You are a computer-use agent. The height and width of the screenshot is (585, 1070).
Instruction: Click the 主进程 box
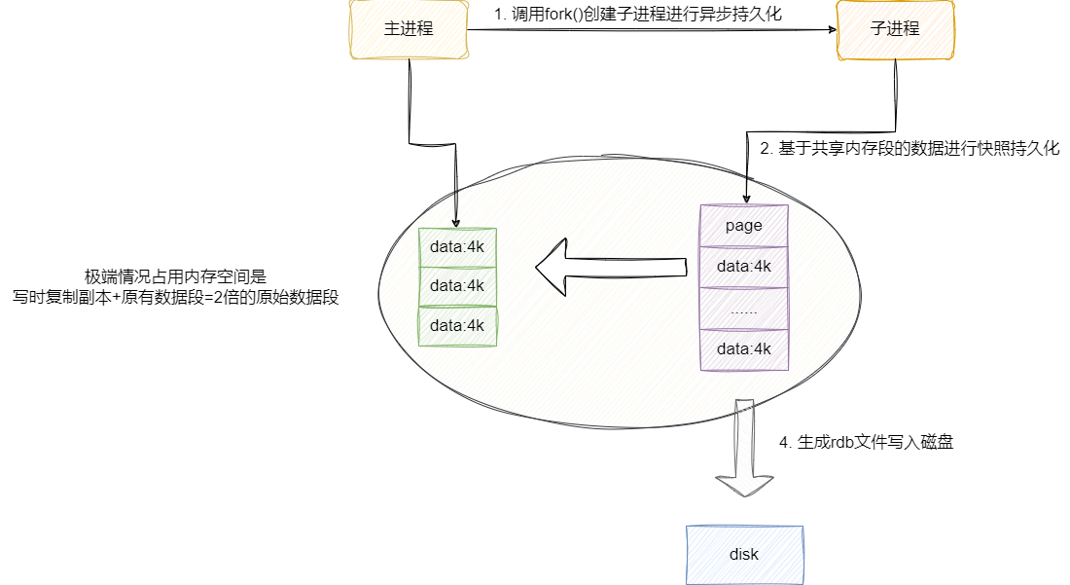coord(409,29)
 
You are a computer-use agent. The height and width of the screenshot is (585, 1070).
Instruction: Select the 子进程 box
coord(895,29)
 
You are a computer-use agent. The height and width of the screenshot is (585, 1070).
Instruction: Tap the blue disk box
coord(744,555)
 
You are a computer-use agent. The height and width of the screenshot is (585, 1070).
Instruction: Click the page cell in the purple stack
coord(744,226)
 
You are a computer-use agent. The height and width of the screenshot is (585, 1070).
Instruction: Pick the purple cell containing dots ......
coord(744,309)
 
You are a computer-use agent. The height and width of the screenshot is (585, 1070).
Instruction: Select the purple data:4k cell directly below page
coord(744,267)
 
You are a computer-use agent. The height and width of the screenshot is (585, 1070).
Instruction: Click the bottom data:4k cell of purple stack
coord(744,349)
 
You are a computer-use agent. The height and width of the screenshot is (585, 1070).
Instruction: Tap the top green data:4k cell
coord(457,246)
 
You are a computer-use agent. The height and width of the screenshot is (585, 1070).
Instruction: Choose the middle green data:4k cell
coord(457,286)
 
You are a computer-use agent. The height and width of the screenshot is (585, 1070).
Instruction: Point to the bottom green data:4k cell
coord(457,326)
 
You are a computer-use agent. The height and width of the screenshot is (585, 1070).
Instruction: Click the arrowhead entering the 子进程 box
coord(833,29)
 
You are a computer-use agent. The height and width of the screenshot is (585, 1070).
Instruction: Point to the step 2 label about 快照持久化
coord(909,149)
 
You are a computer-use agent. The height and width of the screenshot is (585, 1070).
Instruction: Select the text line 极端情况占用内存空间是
coord(175,276)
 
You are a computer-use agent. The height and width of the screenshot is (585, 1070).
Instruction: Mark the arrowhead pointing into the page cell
coord(746,199)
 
